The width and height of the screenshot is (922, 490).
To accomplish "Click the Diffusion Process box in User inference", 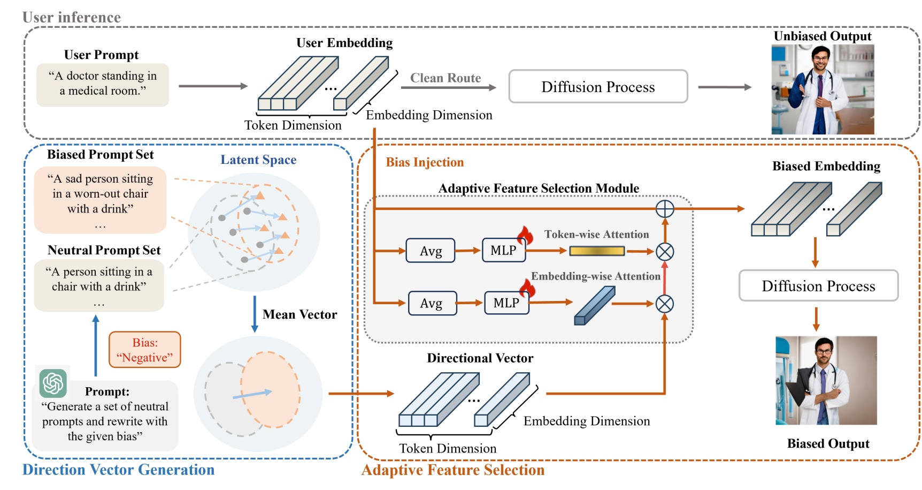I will point(598,87).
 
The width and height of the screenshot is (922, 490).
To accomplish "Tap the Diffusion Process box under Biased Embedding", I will point(818,286).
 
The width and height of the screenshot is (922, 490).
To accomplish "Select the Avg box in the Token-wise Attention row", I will point(431,251).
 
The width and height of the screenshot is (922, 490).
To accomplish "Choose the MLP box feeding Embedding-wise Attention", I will point(506,303).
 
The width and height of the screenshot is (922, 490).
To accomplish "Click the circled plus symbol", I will point(665,209).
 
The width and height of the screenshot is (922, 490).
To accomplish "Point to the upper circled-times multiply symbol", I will point(665,251).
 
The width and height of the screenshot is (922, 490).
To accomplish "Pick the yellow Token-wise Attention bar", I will point(597,251).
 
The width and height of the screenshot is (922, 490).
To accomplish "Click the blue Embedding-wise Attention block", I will point(594,306).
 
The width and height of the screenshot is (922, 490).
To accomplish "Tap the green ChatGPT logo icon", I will point(53,383).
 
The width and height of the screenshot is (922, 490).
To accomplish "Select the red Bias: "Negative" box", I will point(145,350).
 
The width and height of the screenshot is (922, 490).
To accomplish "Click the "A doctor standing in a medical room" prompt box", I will point(103,85).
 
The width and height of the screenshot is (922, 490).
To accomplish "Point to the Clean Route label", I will point(445,78).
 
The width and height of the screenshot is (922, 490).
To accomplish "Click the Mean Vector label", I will point(299,314).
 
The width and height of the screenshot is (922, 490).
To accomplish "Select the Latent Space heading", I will point(258,160).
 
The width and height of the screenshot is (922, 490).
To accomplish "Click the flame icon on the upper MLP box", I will point(525,235).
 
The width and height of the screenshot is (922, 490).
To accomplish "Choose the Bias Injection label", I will point(425,162).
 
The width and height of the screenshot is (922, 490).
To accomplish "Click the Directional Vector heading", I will point(480,358).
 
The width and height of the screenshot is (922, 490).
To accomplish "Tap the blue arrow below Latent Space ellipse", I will point(255,314).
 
